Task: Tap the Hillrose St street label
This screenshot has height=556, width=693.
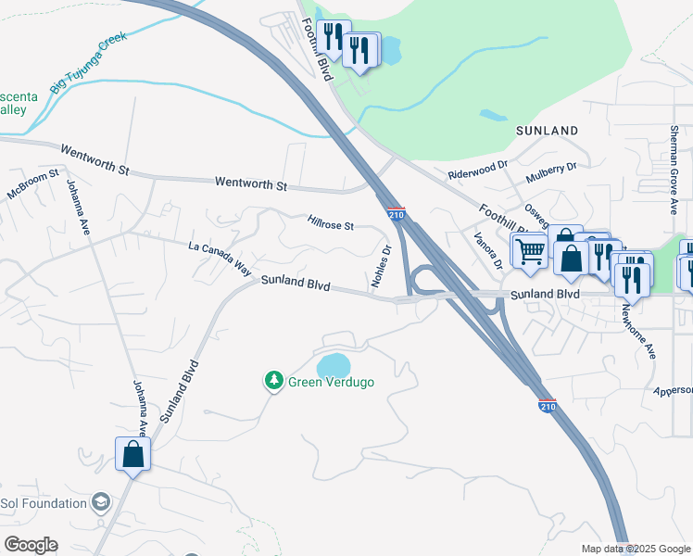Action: point(331,225)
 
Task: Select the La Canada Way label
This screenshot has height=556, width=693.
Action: point(220,259)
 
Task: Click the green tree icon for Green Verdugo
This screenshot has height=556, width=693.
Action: point(273,380)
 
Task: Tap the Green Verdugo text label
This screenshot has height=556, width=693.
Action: point(331,381)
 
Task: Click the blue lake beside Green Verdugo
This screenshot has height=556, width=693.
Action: point(334,364)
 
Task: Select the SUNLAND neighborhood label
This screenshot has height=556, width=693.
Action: point(547,131)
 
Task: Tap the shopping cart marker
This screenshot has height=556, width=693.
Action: point(529,249)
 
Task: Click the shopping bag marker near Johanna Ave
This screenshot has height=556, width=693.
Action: point(133,454)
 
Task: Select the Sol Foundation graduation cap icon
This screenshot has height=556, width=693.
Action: point(101,503)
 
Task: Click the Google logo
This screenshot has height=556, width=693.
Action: point(31,545)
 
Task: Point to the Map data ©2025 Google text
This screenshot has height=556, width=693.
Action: point(635,549)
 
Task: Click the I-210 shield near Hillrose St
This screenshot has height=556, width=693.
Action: point(397,214)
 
